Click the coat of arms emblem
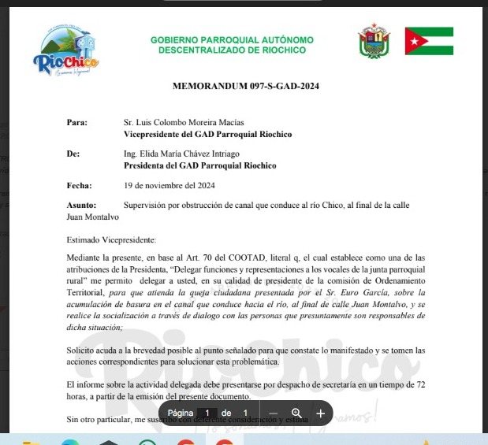tap(374, 40)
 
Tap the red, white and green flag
tap(429, 41)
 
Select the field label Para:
tap(77, 123)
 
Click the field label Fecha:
tap(80, 185)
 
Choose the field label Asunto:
tap(82, 205)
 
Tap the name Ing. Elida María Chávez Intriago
tap(182, 154)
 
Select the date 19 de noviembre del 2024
tap(169, 185)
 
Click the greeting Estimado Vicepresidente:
tap(111, 239)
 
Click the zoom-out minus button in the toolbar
tap(273, 413)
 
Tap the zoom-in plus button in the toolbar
tap(321, 413)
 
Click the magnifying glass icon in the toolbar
tap(297, 413)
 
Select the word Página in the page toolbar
tap(181, 413)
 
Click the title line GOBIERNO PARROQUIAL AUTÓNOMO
tap(232, 39)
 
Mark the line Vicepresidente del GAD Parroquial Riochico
tap(208, 135)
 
